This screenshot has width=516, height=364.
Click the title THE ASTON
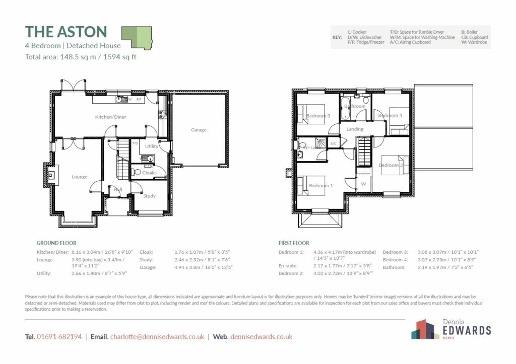66,32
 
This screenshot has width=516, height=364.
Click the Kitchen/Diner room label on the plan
111,117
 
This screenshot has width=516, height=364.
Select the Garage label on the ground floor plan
199,130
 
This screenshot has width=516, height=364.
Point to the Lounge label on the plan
80,177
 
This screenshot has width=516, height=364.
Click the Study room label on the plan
149,196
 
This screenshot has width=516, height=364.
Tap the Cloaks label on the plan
149,173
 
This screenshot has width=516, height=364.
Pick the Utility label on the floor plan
152,147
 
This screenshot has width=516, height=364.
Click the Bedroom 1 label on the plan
321,186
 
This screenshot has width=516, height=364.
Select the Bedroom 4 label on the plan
391,115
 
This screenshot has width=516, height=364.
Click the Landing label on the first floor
355,129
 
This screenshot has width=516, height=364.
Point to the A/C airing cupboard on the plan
333,143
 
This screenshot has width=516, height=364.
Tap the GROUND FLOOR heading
56,243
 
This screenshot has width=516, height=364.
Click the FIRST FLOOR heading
294,243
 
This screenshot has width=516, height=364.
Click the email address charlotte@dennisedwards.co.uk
157,336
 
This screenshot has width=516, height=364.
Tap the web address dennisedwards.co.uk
261,336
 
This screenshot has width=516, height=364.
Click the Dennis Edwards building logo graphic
422,329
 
